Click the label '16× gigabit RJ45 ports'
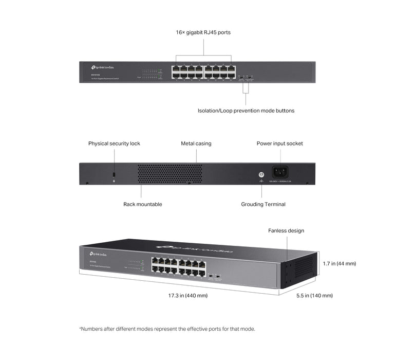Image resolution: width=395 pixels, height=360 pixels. point(203,32)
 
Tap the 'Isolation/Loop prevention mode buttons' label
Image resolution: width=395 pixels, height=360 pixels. point(246,111)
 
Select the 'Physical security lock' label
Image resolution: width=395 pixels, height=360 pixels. point(114,143)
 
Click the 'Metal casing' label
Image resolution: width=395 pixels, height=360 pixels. point(196,143)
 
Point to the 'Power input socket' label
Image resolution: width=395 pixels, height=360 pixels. point(279,143)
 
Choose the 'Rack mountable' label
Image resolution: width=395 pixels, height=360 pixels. point(142,204)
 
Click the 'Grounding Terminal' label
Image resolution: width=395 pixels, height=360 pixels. point(263,204)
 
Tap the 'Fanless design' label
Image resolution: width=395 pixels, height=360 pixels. point(286,231)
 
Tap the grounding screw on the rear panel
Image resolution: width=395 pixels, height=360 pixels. point(261,174)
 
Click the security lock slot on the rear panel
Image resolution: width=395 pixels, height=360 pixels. point(114,175)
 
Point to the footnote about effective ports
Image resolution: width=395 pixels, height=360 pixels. point(167,329)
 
